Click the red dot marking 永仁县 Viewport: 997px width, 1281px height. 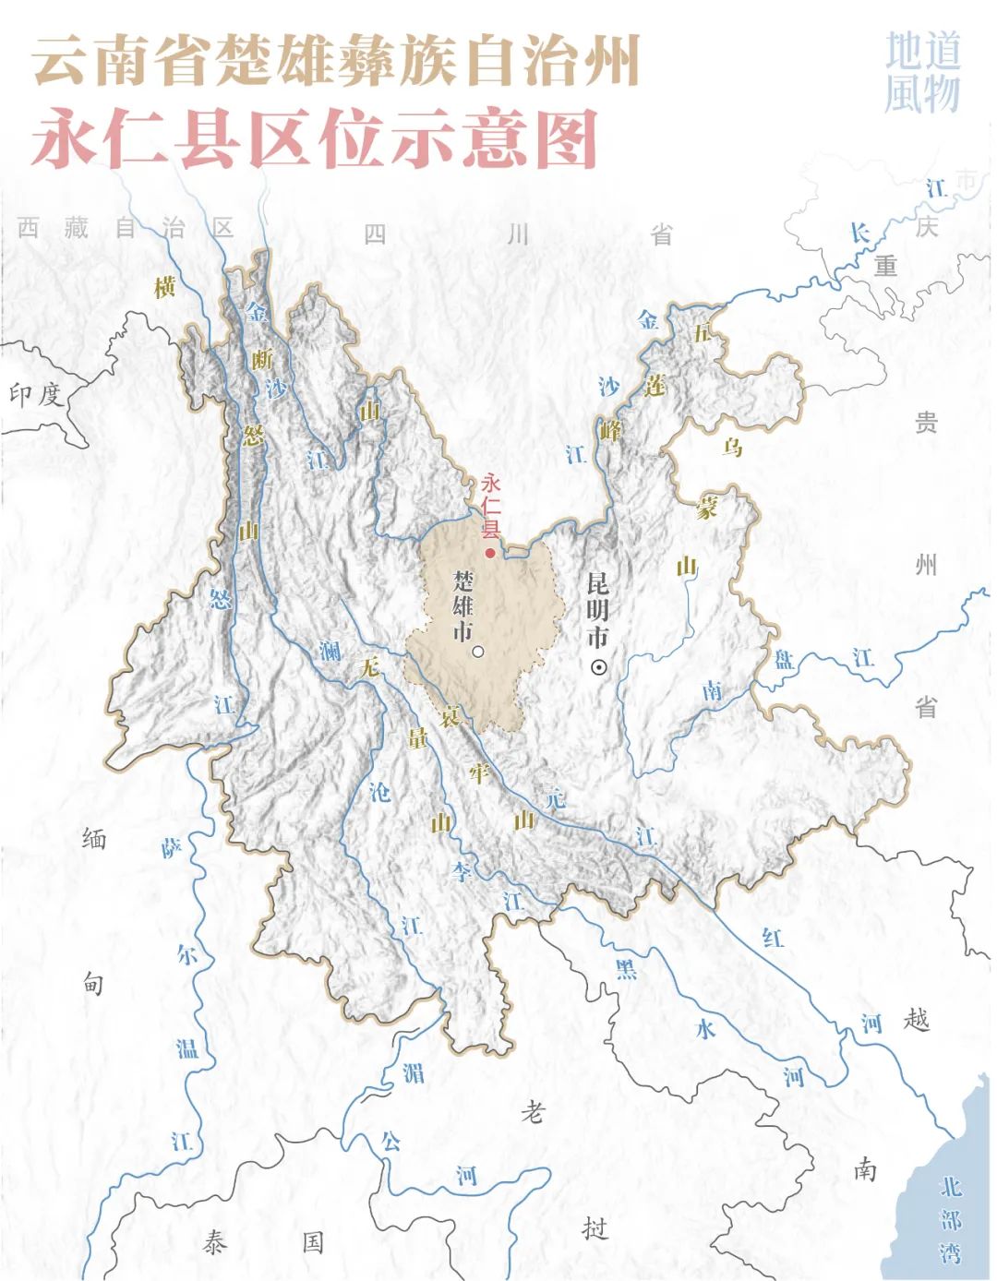click(x=490, y=553)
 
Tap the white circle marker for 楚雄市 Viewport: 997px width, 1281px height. click(x=478, y=652)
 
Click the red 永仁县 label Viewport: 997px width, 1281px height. click(x=490, y=507)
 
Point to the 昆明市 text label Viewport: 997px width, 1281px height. click(x=598, y=610)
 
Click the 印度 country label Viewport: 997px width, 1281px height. click(x=35, y=395)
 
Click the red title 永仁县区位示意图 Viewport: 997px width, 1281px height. click(x=315, y=140)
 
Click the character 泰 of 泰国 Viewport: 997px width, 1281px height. click(x=214, y=1242)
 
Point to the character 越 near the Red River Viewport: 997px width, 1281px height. click(x=917, y=1020)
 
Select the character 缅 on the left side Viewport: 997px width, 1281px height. click(x=94, y=839)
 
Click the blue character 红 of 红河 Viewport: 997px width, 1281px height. click(x=774, y=938)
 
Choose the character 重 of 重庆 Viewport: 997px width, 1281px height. click(x=886, y=266)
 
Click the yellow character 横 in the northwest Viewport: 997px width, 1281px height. click(x=164, y=288)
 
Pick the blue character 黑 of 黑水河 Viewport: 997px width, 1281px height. click(x=627, y=968)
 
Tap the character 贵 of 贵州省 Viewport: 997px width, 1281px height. click(x=926, y=423)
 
